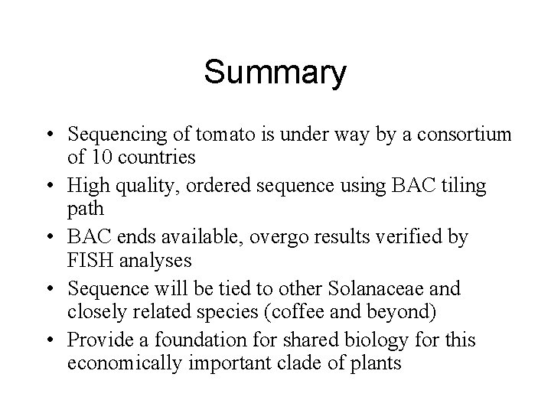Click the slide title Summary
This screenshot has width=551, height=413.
(275, 73)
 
